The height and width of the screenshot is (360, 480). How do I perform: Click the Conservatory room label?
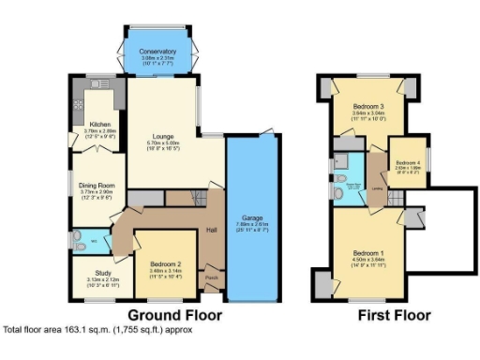click(x=157, y=52)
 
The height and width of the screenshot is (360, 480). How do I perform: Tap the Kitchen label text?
click(x=100, y=124)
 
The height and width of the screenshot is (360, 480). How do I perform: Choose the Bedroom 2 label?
click(x=164, y=265)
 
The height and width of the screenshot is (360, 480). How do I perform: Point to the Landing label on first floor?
click(x=376, y=186)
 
